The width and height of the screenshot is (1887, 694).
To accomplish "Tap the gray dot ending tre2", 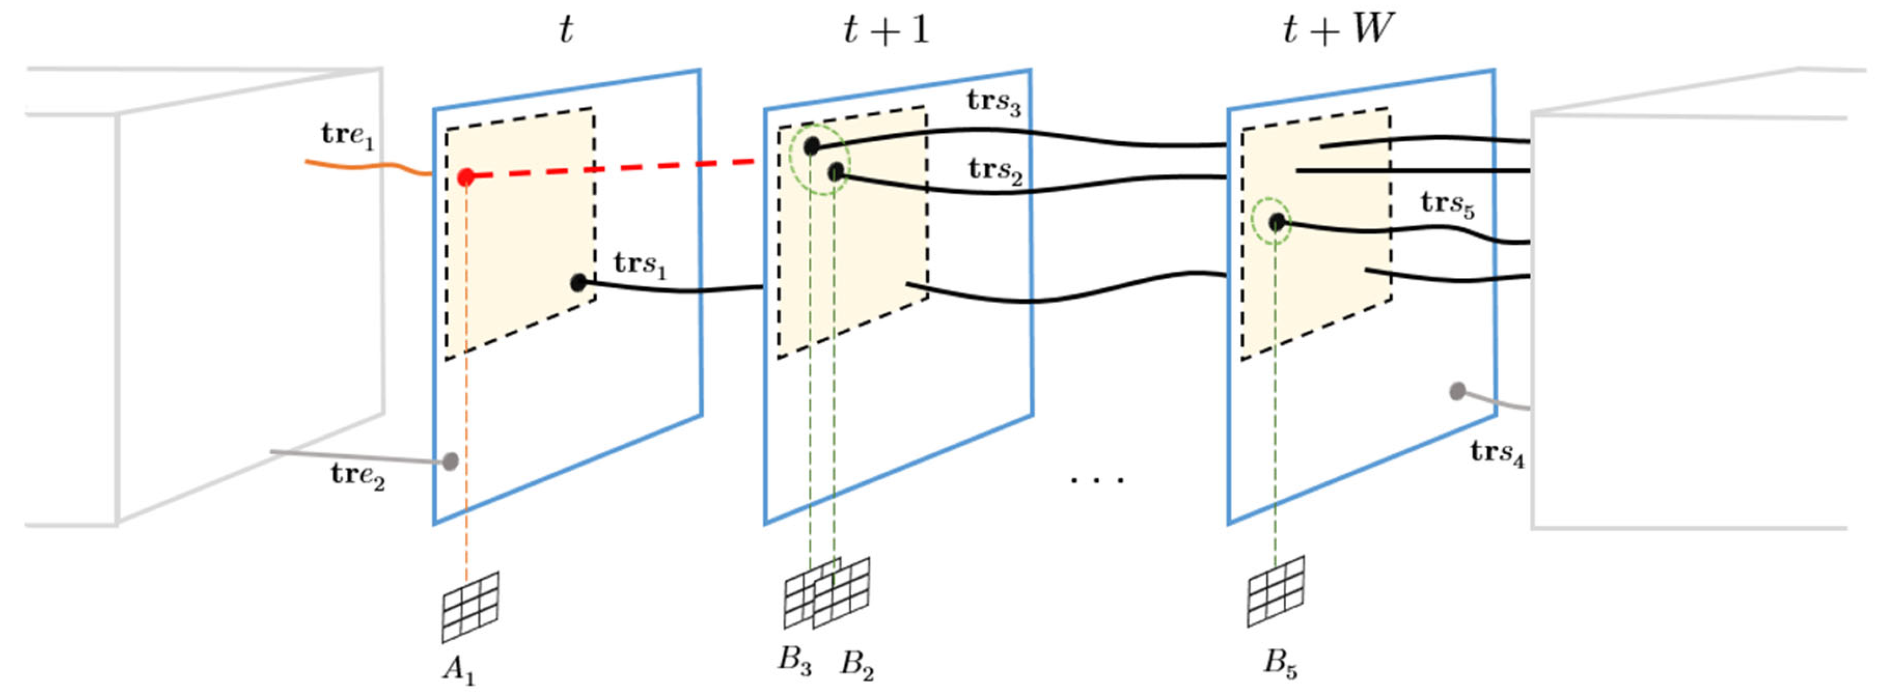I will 450,461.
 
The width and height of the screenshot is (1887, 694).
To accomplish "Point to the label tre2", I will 357,476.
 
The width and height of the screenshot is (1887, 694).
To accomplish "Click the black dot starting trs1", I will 578,283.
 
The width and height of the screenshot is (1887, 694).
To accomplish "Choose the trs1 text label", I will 640,265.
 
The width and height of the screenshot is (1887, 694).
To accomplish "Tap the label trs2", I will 995,171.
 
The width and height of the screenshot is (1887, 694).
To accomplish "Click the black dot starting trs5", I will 1277,222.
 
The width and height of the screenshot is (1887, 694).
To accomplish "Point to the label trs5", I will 1447,204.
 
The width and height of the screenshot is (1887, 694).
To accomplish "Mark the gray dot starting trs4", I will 1457,391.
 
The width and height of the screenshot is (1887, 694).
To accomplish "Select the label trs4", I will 1497,454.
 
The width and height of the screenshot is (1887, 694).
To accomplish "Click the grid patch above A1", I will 470,607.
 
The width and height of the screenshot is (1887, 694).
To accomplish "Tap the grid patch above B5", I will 1275,591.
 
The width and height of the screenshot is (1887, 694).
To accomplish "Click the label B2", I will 856,664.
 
